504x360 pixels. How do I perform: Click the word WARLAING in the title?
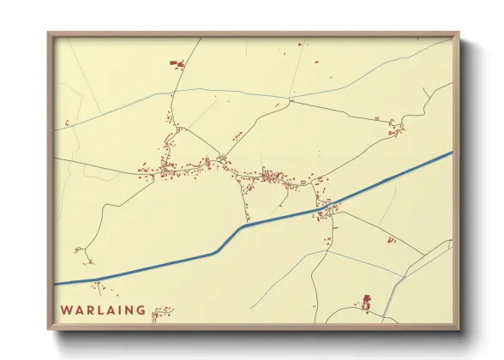tap(104, 310)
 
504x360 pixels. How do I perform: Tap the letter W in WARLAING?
tap(66, 310)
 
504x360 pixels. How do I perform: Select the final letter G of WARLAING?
tap(141, 310)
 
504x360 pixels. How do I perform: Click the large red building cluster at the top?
tap(177, 63)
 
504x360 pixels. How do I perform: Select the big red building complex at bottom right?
tap(367, 302)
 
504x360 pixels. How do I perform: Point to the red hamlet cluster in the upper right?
tap(396, 129)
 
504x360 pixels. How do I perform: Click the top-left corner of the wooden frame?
tap(50, 34)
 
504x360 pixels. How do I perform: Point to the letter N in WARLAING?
tap(130, 310)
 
